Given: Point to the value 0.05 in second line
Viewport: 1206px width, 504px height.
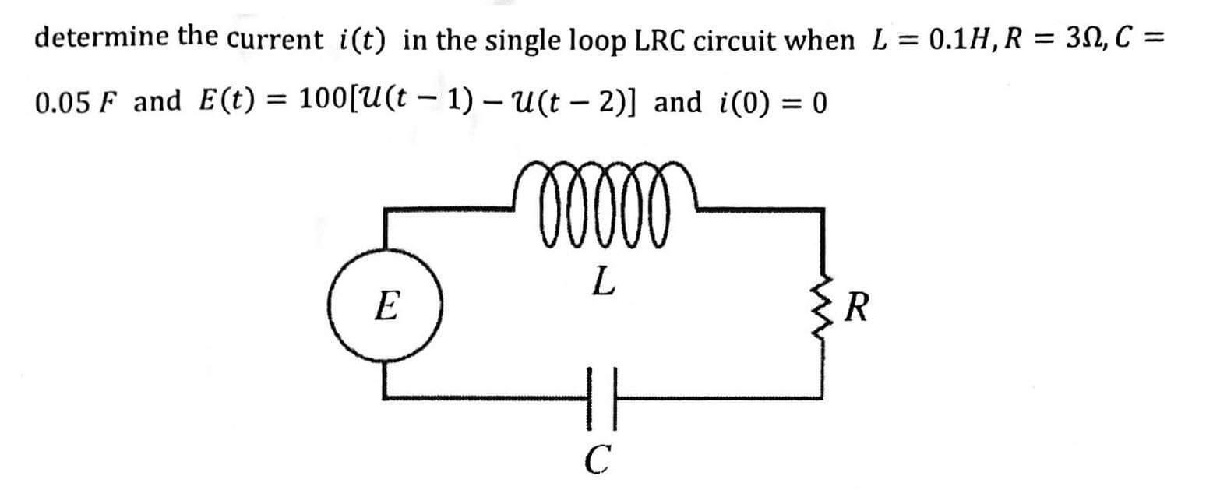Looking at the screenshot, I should (69, 102).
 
